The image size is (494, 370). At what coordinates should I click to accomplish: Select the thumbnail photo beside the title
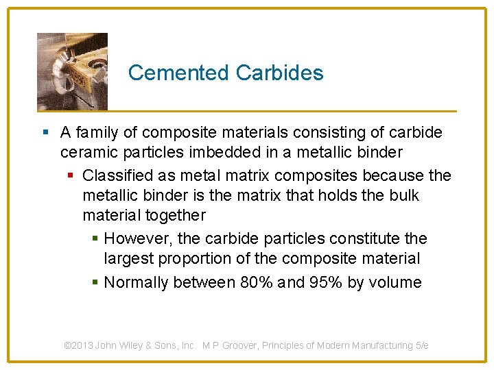[x=72, y=71]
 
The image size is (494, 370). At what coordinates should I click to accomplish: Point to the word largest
[x=128, y=259]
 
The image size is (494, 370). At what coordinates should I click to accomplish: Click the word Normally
[x=136, y=282]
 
